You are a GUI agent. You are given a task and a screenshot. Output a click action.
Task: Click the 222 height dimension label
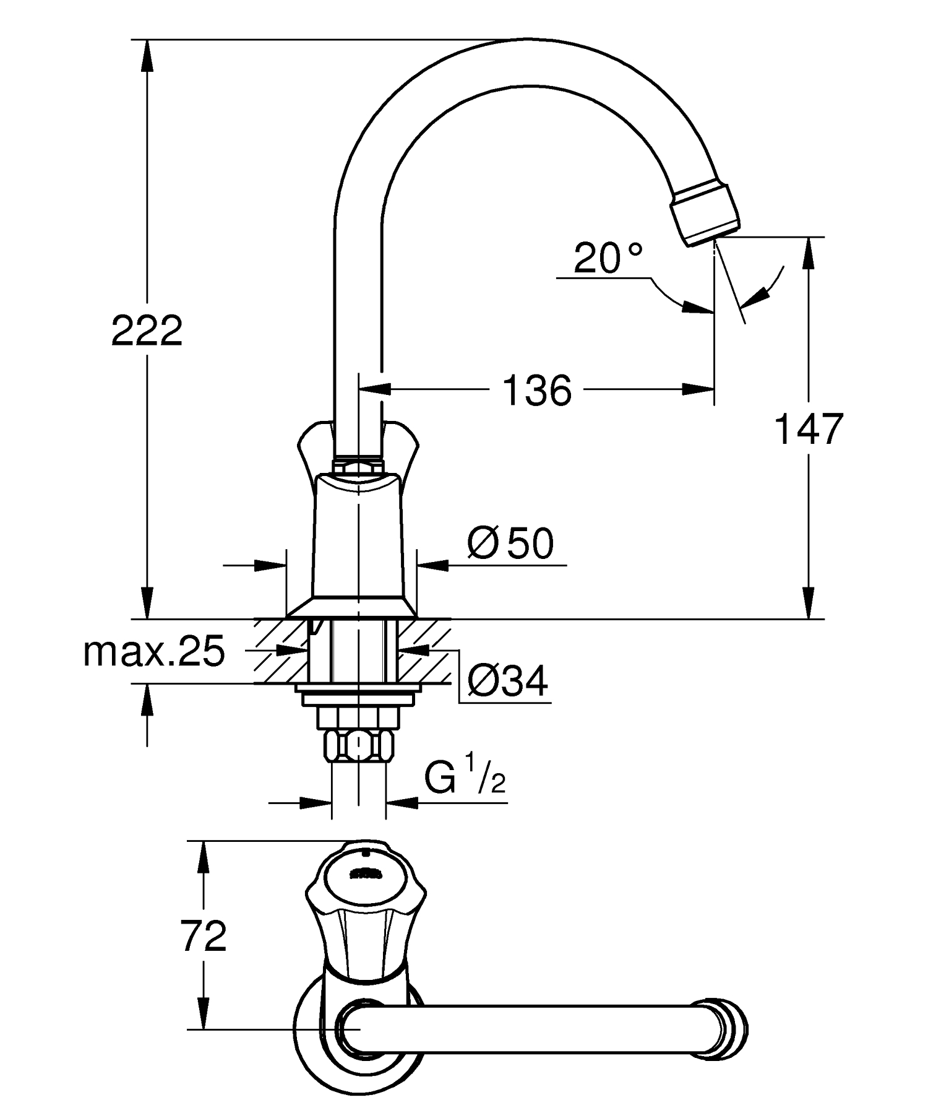147,331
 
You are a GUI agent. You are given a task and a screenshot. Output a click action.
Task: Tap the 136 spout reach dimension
537,391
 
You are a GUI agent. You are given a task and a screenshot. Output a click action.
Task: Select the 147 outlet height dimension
809,429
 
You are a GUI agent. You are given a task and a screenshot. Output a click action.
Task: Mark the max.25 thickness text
154,651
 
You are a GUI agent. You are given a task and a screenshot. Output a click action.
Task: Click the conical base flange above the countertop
351,608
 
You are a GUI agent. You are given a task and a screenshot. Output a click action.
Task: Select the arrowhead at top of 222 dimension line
147,56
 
